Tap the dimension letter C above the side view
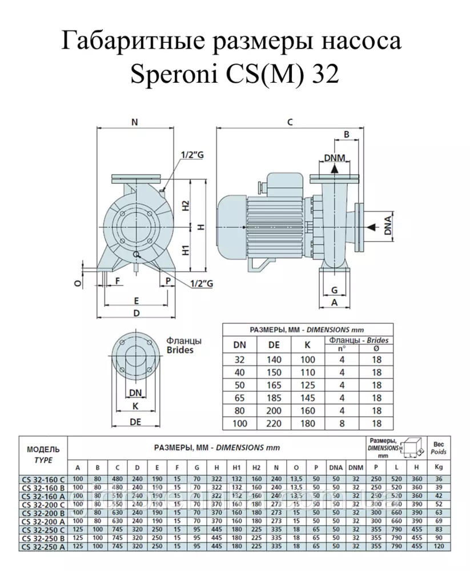tap(290, 122)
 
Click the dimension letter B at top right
tap(346, 134)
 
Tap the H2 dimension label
tap(185, 205)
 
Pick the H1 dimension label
tap(185, 250)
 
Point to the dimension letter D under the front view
tap(137, 313)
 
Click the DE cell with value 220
tap(275, 423)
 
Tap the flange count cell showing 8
tap(342, 423)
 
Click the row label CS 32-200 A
tap(42, 521)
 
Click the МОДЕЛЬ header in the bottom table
tap(43, 449)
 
